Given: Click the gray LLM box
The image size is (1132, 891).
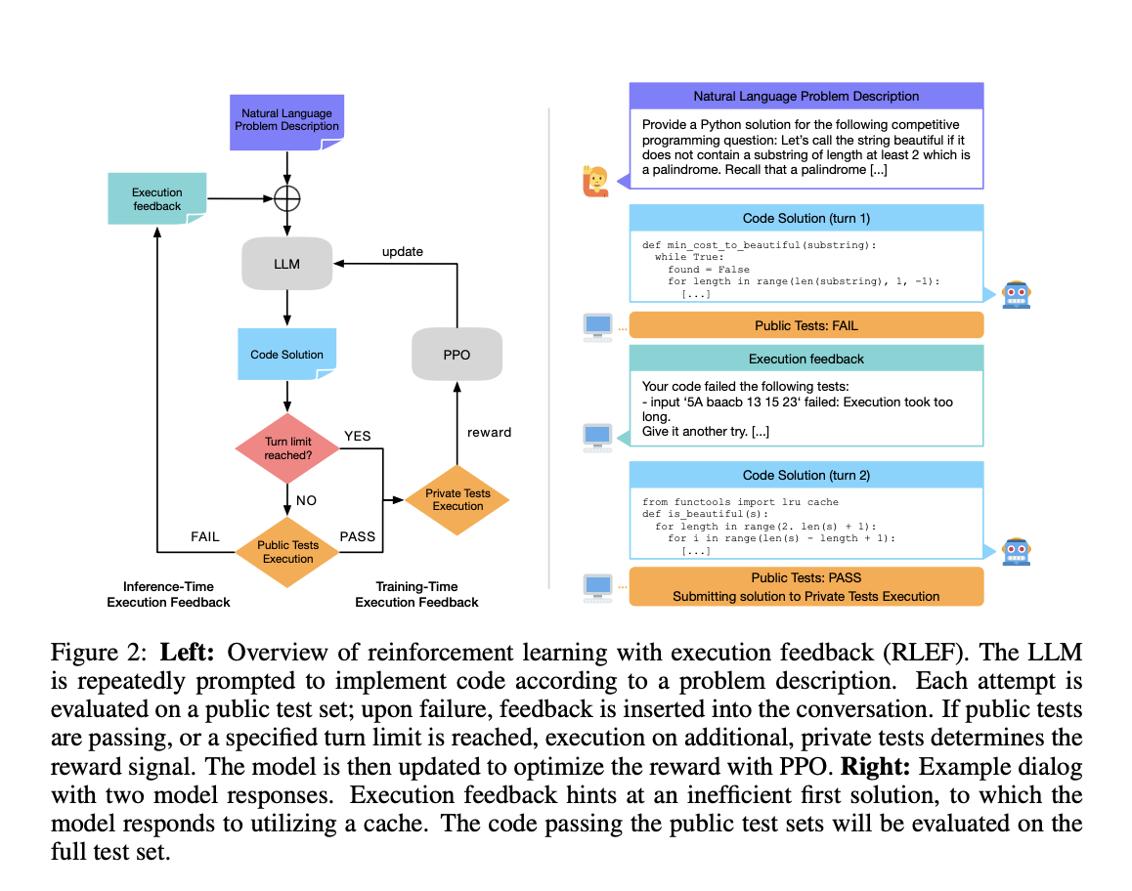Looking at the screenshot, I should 286,264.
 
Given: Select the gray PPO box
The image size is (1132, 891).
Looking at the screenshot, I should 457,354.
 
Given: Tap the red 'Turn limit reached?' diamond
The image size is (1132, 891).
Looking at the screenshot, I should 286,448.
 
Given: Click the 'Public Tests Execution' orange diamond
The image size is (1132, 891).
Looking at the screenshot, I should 287,552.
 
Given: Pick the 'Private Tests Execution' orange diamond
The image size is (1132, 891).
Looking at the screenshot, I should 457,499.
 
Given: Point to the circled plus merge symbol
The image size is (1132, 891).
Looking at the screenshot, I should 286,198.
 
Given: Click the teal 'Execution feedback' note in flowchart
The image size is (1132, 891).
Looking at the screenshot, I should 156,198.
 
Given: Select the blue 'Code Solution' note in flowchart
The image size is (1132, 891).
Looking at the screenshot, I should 286,354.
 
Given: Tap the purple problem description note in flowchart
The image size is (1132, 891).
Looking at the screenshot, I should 286,121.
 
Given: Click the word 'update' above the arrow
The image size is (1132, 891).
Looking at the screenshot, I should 402,251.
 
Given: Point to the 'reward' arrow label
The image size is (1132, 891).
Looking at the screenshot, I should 489,432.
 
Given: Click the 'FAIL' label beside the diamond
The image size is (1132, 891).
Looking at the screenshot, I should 204,536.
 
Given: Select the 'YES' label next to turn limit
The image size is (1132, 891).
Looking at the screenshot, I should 358,436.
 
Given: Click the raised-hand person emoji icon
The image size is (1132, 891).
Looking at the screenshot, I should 595,181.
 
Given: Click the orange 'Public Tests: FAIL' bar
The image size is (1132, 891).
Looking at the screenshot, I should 805,325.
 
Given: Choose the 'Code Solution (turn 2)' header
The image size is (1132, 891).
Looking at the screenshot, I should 805,475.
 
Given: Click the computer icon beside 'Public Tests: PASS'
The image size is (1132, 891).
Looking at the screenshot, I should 596,586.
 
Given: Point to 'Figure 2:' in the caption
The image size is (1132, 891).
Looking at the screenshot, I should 101,652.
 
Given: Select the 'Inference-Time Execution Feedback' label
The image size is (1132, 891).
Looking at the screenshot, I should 168,594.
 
